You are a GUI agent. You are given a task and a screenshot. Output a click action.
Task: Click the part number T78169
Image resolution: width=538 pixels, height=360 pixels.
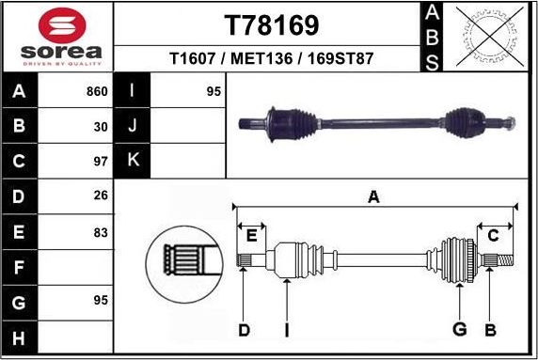click(x=271, y=24)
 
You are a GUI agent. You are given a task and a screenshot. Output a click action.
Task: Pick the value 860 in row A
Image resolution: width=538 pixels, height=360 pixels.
click(x=97, y=92)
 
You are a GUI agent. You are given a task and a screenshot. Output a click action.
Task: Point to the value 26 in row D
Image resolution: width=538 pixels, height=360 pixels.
click(x=101, y=196)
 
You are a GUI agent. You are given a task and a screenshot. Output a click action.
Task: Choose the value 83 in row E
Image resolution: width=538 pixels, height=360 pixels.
click(x=101, y=231)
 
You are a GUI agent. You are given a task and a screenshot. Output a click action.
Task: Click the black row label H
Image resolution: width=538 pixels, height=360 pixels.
click(x=20, y=337)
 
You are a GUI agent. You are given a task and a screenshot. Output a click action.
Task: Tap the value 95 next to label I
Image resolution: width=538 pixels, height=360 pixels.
click(x=214, y=92)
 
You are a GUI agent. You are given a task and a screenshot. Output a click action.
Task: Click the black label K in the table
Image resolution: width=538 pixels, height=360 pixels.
click(x=133, y=160)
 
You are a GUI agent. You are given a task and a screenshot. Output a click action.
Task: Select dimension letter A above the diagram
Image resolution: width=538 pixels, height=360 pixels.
click(x=373, y=196)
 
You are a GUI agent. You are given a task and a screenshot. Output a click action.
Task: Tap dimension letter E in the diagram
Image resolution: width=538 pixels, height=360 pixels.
click(x=251, y=235)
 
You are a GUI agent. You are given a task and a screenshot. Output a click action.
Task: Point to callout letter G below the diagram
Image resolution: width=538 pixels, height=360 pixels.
click(x=460, y=329)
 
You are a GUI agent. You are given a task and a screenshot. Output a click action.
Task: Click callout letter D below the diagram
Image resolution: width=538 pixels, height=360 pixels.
click(x=244, y=329)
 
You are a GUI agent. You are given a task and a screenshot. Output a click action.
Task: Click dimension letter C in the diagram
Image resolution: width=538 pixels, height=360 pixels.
click(x=493, y=235)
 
